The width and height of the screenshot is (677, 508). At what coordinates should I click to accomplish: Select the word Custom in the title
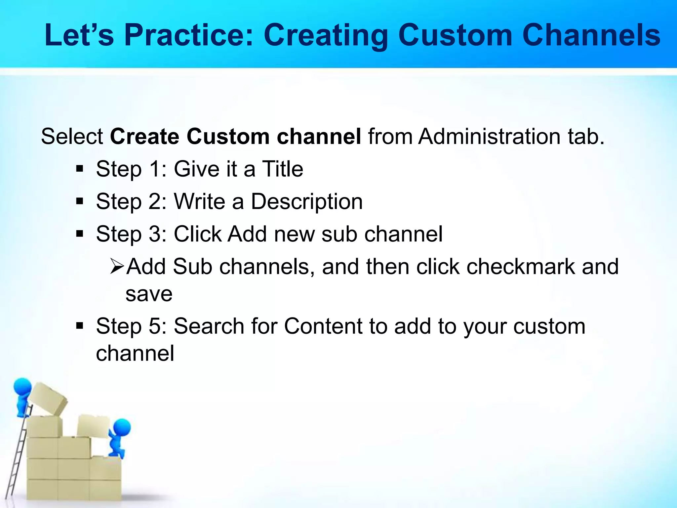(455, 35)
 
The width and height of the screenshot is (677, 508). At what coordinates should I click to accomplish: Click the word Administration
(489, 136)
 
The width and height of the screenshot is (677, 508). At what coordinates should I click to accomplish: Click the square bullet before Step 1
(79, 169)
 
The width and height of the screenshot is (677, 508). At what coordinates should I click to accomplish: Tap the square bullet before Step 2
(79, 201)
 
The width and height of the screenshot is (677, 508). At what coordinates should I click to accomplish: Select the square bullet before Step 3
(79, 234)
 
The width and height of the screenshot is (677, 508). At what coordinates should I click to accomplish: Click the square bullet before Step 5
(79, 326)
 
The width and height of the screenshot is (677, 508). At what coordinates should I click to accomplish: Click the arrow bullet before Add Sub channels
(117, 267)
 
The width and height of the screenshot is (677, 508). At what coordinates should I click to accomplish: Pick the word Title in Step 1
(283, 169)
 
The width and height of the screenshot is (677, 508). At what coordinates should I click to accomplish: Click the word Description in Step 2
(307, 201)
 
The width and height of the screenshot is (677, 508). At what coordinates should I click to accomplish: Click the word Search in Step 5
(209, 326)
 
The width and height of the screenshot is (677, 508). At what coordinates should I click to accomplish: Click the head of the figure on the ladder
(22, 386)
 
